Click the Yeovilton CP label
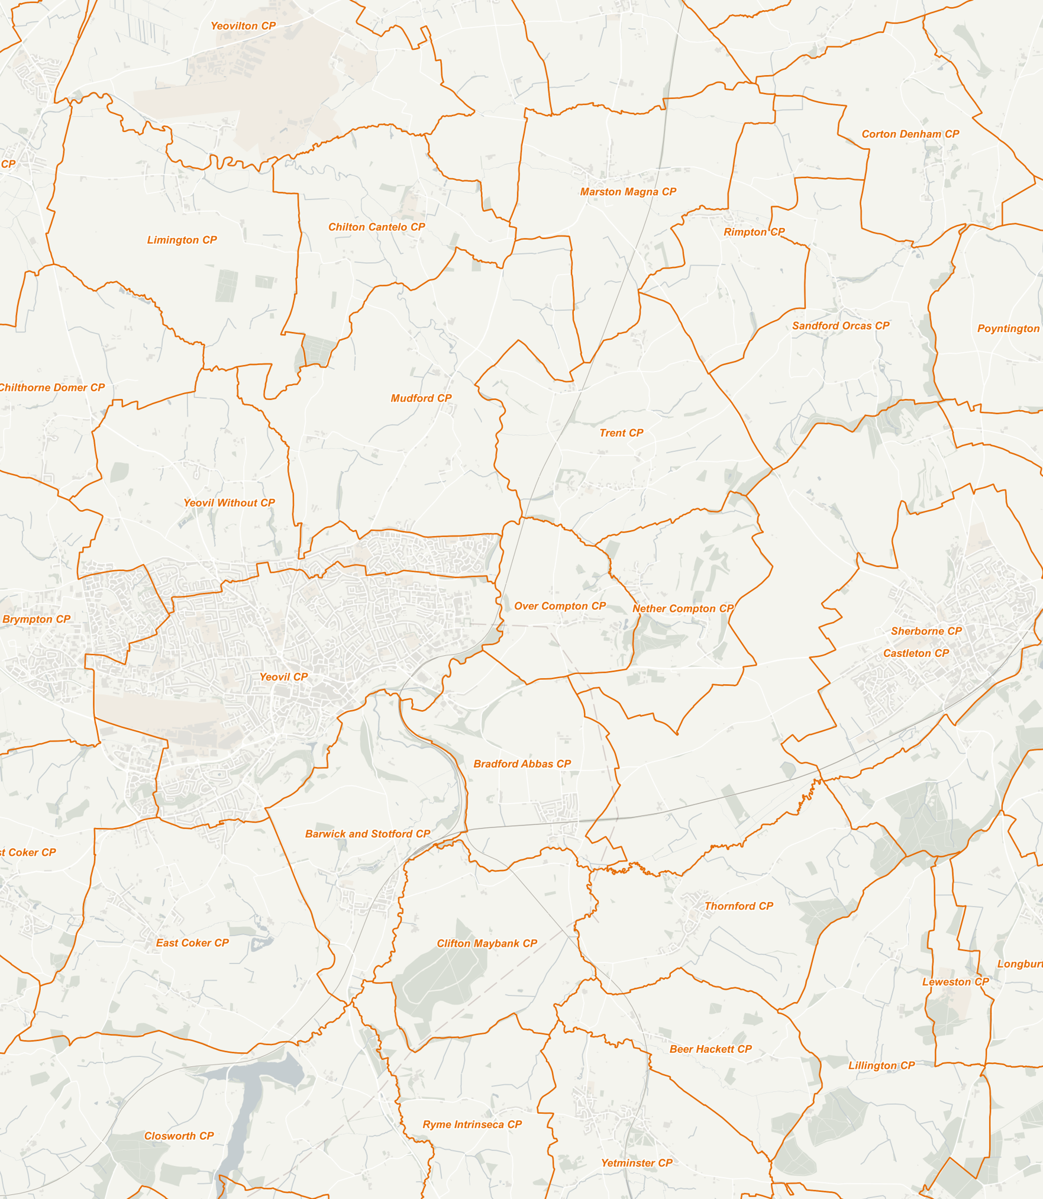[243, 26]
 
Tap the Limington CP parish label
[182, 240]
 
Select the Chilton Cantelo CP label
[376, 227]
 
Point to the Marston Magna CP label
[628, 192]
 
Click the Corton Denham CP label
[910, 134]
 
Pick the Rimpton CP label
[754, 232]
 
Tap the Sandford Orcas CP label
[840, 325]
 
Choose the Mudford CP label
[421, 398]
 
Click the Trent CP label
[621, 433]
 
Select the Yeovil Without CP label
[229, 502]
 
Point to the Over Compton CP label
[560, 606]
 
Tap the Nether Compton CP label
[683, 608]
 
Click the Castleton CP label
[915, 653]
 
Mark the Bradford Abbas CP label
[522, 764]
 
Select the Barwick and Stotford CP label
[367, 834]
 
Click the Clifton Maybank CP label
[486, 943]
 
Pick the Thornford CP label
[738, 906]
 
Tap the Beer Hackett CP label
[710, 1049]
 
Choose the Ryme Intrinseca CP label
[472, 1124]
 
